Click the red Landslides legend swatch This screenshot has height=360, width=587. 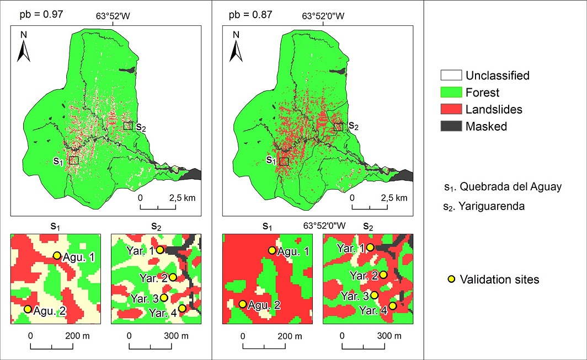click(x=450, y=110)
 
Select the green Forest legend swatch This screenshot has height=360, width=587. click(x=450, y=93)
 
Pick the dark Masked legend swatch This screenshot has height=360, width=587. click(x=450, y=127)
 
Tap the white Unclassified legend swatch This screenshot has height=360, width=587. click(x=450, y=76)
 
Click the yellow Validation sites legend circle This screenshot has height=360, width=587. click(x=451, y=280)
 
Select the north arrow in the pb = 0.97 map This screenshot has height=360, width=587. click(x=24, y=47)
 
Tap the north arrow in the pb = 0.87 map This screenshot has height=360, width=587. click(x=236, y=47)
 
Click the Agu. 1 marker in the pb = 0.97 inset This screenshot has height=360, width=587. click(x=57, y=255)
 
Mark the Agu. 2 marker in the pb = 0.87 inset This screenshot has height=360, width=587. click(x=242, y=304)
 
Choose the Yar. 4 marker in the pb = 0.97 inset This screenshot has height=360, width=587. click(x=182, y=308)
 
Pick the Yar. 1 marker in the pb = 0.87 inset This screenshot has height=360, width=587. click(x=371, y=248)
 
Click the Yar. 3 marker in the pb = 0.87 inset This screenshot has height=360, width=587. click(x=374, y=295)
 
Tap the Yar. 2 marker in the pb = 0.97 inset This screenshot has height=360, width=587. click(x=173, y=277)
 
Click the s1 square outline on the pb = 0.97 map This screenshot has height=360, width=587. click(x=74, y=160)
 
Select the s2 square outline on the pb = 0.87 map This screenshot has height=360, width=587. click(x=338, y=127)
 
